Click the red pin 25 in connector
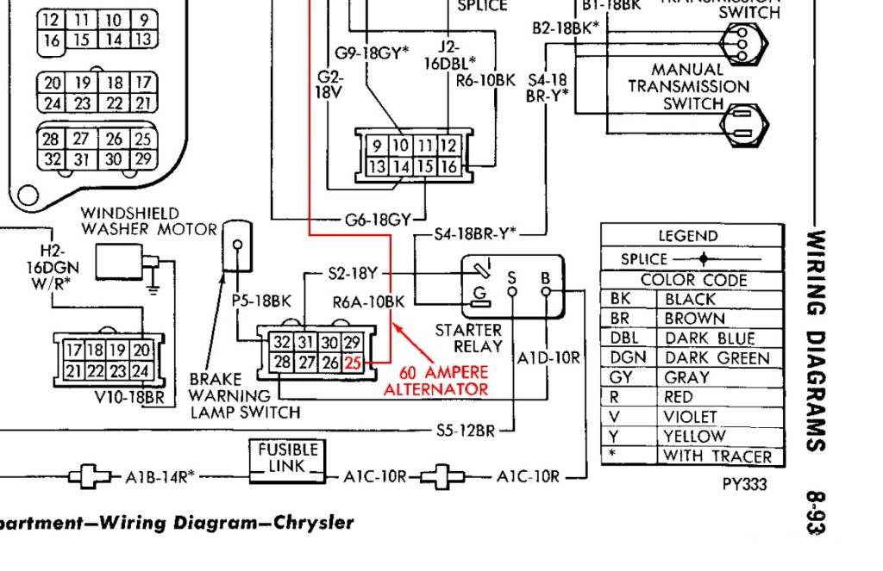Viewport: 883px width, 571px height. tap(353, 363)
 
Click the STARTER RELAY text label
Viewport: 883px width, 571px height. tap(468, 338)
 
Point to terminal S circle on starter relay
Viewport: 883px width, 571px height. tap(512, 291)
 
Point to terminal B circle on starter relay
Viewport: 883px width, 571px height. tap(545, 291)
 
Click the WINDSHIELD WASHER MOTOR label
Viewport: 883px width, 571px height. tap(148, 221)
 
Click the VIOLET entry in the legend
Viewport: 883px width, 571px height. tap(690, 417)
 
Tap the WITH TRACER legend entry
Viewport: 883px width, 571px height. tap(717, 456)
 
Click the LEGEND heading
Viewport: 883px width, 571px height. tap(687, 236)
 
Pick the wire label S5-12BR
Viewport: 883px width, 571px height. tap(465, 429)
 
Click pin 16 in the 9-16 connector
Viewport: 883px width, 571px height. tap(448, 166)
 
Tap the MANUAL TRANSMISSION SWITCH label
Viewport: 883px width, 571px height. tap(688, 86)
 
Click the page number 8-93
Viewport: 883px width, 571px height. tap(814, 512)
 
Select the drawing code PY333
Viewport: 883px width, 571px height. tap(744, 484)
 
